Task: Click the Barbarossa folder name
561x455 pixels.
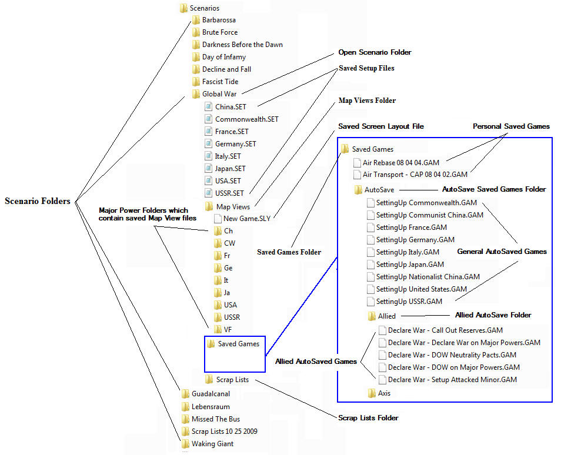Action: pyautogui.click(x=219, y=20)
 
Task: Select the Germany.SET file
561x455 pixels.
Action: pyautogui.click(x=235, y=144)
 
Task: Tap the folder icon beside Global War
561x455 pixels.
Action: pyautogui.click(x=196, y=94)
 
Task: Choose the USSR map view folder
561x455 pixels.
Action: pyautogui.click(x=231, y=317)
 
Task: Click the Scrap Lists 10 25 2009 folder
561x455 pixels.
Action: pyautogui.click(x=224, y=431)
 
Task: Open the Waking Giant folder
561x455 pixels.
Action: pyautogui.click(x=212, y=444)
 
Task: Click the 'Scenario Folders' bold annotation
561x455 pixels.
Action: pyautogui.click(x=38, y=201)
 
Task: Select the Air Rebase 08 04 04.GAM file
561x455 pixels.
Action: pyautogui.click(x=405, y=162)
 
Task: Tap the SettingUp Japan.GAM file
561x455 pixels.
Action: pyautogui.click(x=410, y=265)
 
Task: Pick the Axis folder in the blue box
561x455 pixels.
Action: pyautogui.click(x=384, y=393)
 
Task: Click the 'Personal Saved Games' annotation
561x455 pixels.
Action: pyautogui.click(x=511, y=126)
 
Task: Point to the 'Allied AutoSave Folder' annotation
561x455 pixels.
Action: pyautogui.click(x=493, y=315)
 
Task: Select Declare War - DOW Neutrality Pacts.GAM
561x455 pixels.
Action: pyautogui.click(x=452, y=355)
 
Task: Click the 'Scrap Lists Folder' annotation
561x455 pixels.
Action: pyautogui.click(x=368, y=418)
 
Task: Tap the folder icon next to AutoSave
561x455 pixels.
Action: pyautogui.click(x=358, y=190)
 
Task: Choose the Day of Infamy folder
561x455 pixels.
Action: pyautogui.click(x=223, y=57)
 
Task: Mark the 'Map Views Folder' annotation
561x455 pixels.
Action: pyautogui.click(x=367, y=101)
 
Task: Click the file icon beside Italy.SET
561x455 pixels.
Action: pyautogui.click(x=209, y=156)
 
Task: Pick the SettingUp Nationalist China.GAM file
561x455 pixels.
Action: pyautogui.click(x=428, y=277)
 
